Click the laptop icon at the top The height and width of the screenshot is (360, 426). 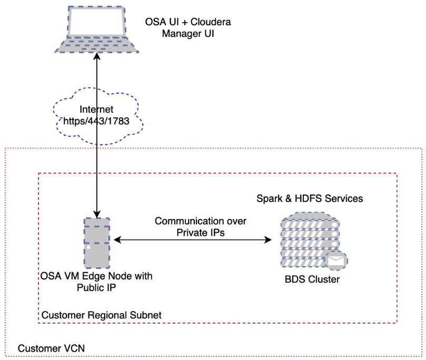coord(97,31)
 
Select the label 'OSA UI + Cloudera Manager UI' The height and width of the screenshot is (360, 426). coord(188,28)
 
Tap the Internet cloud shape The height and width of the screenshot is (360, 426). coord(97,116)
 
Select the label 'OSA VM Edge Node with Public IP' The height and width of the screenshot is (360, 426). coord(96,282)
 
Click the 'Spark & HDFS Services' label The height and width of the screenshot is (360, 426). coord(309,198)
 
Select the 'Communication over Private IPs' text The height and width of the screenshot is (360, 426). coord(200,227)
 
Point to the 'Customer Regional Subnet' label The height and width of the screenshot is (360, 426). coord(101,315)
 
